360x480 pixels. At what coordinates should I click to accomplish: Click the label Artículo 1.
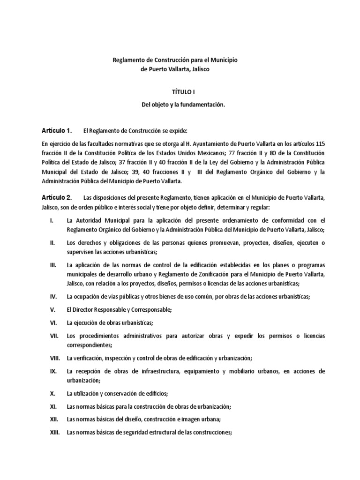56,130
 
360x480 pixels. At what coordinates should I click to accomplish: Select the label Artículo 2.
56,198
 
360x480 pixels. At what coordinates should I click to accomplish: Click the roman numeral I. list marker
52,220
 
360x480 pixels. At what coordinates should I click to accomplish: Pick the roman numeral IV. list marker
53,296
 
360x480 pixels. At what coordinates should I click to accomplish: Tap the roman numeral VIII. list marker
55,358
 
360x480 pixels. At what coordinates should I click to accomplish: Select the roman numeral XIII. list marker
55,433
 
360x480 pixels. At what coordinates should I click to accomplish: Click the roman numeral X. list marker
52,393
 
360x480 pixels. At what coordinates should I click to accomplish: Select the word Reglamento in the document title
128,60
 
